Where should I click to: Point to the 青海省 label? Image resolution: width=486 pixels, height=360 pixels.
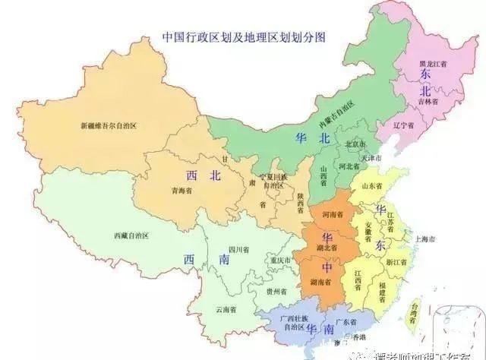tap(180, 191)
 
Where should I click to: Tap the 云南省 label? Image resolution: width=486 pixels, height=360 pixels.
tap(226, 309)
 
